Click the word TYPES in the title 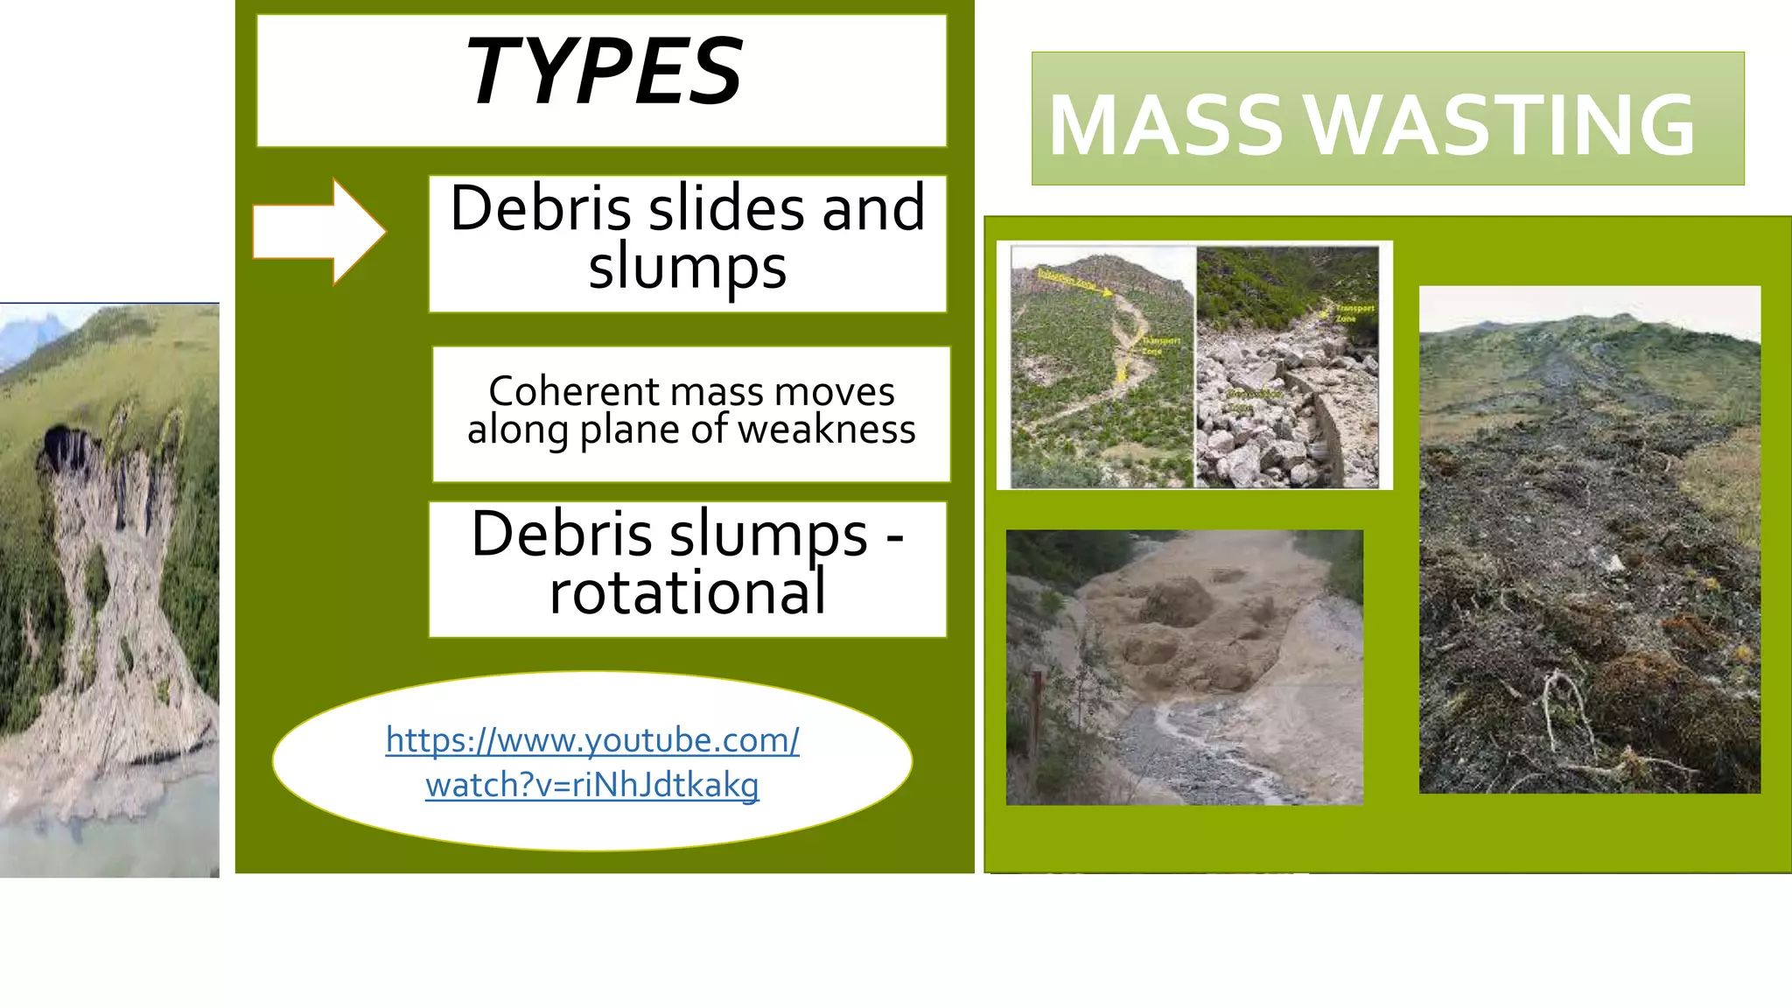(603, 72)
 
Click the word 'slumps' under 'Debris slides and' (687, 268)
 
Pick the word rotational (687, 593)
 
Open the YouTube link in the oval (592, 762)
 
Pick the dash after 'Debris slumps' (894, 535)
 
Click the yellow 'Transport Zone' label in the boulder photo (1353, 313)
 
